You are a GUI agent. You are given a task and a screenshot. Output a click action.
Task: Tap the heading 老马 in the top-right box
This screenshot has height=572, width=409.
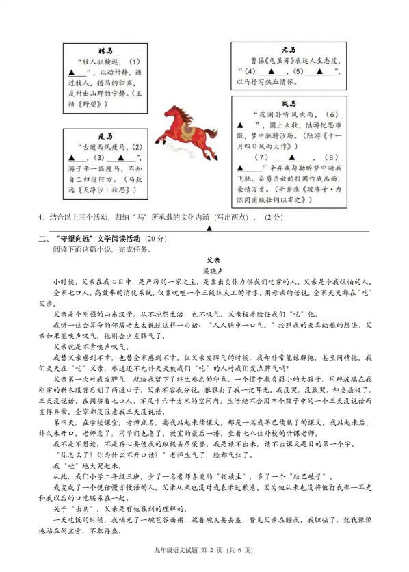[289, 50]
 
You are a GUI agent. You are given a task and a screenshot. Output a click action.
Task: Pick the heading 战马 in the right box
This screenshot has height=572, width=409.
[289, 104]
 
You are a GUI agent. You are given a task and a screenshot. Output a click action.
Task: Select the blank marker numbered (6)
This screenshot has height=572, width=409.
[332, 114]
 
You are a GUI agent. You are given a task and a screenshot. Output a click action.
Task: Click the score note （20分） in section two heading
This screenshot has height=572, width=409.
[155, 238]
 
